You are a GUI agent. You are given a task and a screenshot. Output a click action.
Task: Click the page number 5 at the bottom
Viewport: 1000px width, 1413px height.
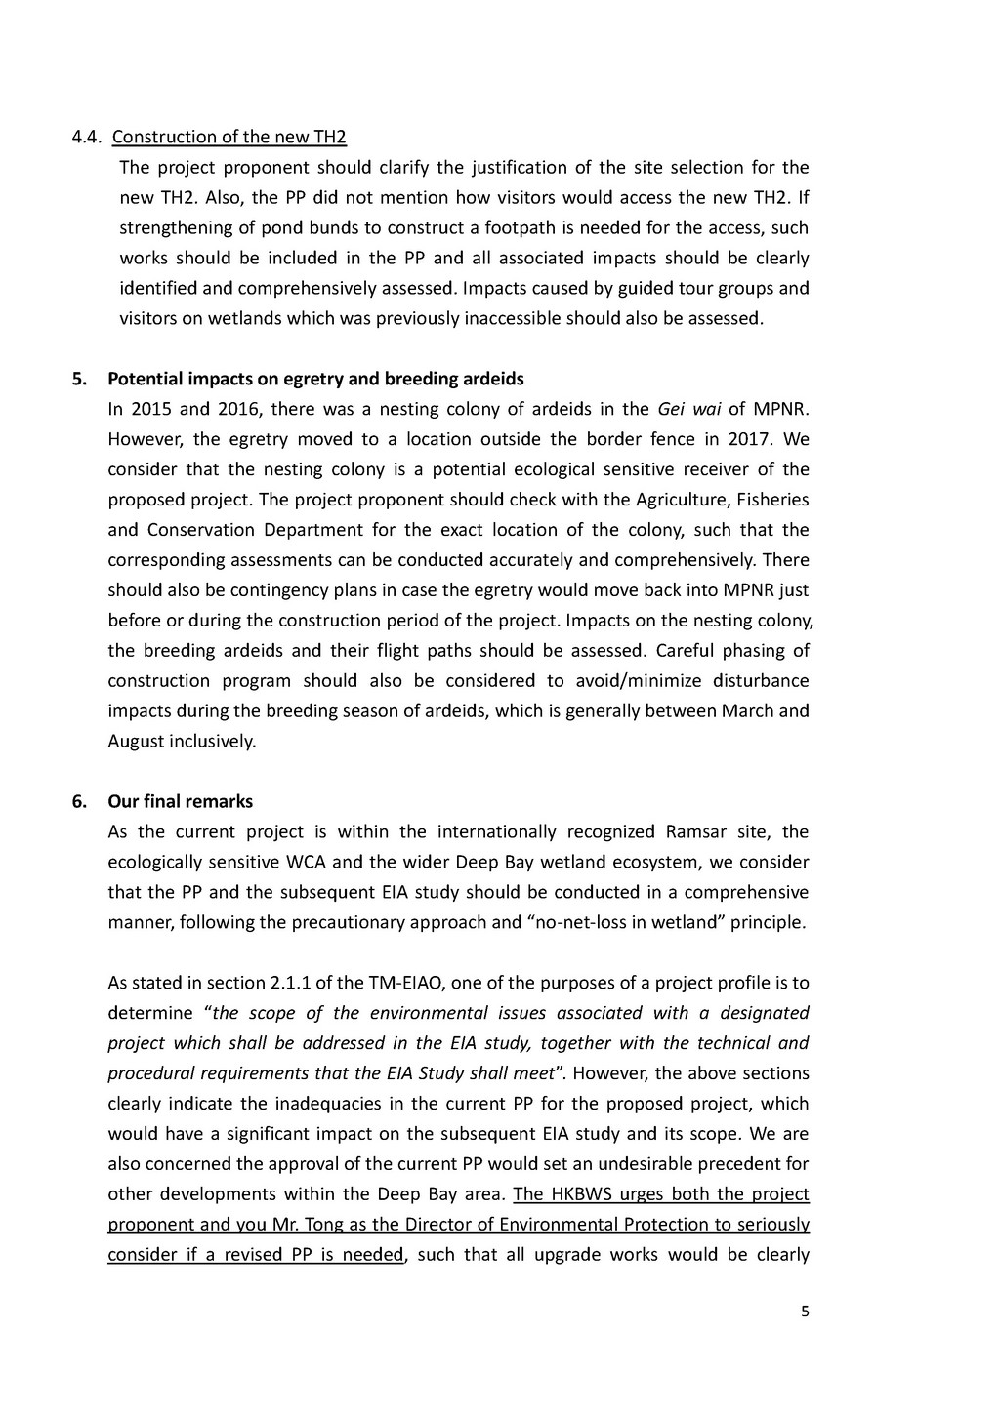pyautogui.click(x=805, y=1312)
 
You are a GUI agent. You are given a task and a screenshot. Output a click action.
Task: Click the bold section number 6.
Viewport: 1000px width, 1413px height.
pyautogui.click(x=79, y=801)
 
